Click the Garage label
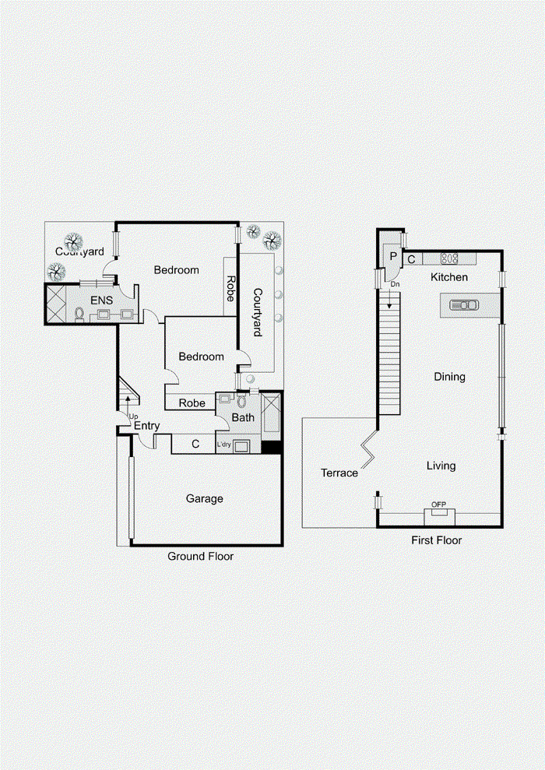coord(204,499)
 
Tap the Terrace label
coord(339,473)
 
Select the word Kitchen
coord(448,277)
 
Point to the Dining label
coord(449,377)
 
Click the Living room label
coord(441,466)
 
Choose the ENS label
coord(102,300)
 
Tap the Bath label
coord(243,417)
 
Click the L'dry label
coord(224,445)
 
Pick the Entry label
coord(147,426)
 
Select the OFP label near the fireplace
coord(438,505)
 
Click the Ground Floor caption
coord(200,557)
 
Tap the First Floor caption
coord(437,540)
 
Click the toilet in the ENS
coord(79,315)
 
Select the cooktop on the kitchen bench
coord(448,258)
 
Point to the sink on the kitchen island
coord(464,305)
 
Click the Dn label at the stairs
coord(395,284)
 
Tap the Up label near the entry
coord(133,417)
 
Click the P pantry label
coord(393,256)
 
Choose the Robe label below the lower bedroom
coord(192,403)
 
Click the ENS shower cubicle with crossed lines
coord(55,304)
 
